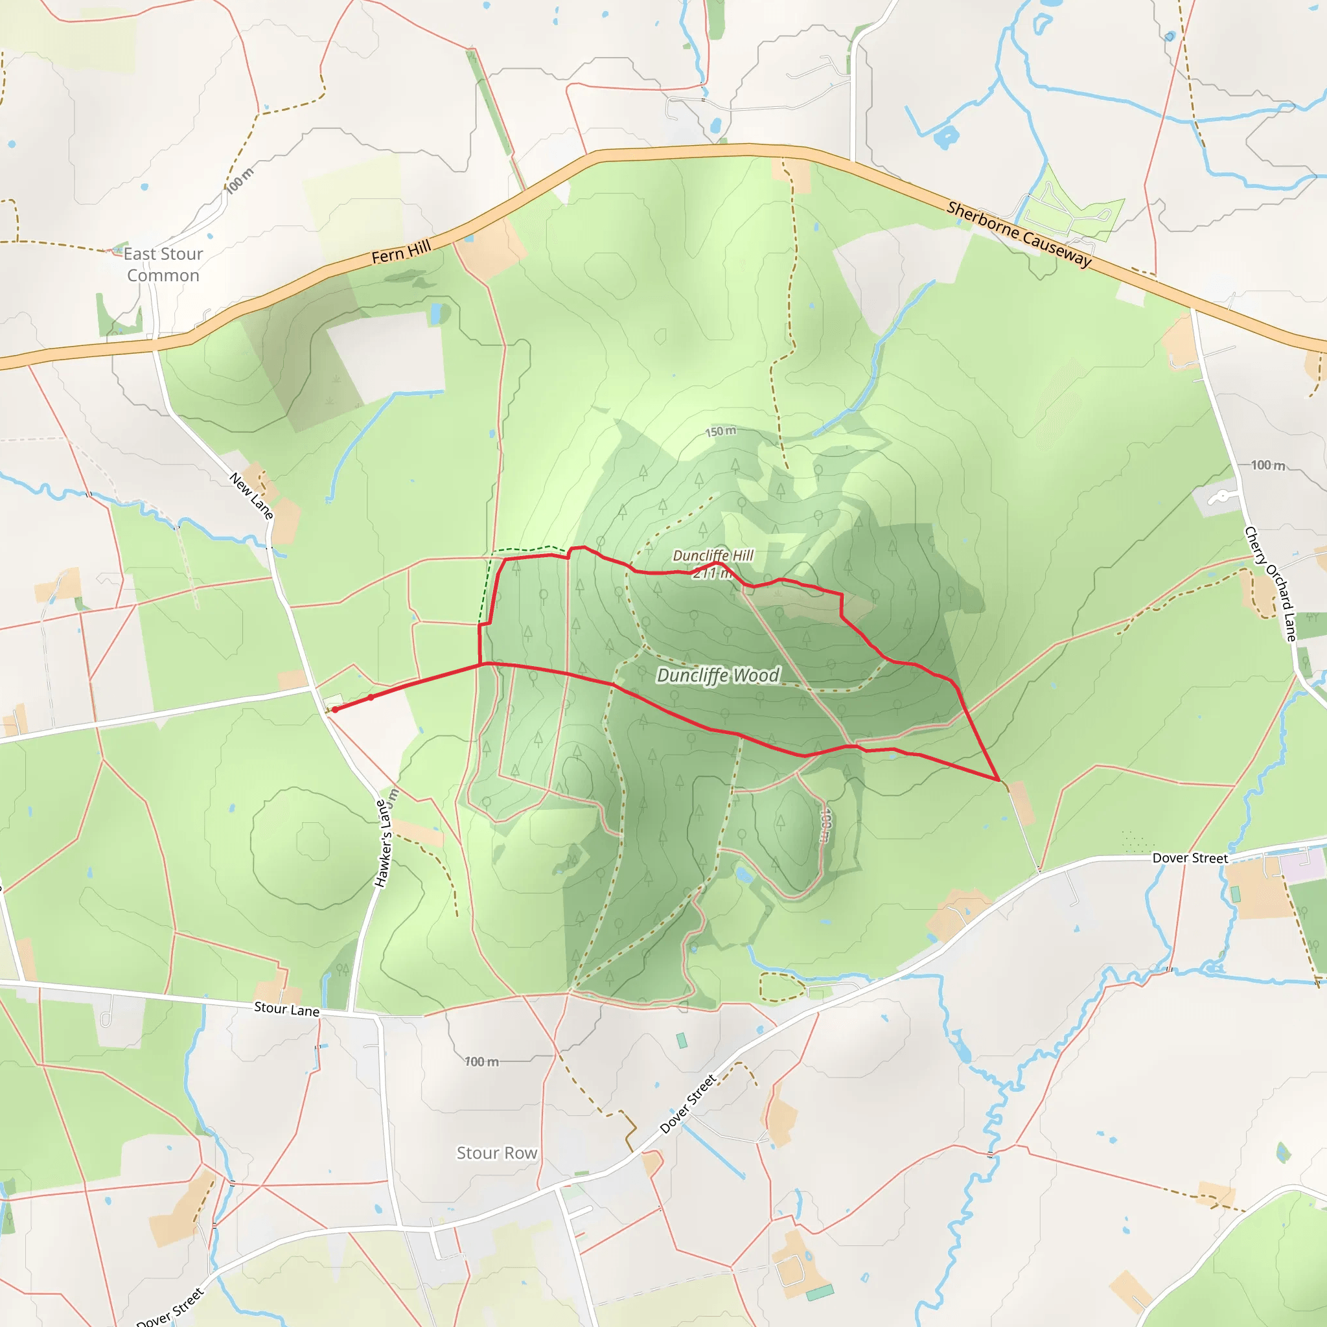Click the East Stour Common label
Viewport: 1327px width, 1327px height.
pyautogui.click(x=163, y=264)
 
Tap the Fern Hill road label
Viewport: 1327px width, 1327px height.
pyautogui.click(x=401, y=252)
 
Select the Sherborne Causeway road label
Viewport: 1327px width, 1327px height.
pyautogui.click(x=1019, y=233)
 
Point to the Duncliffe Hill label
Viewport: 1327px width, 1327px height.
pyautogui.click(x=713, y=555)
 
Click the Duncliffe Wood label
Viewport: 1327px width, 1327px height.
pyautogui.click(x=718, y=676)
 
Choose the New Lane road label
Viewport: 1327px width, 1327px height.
pyautogui.click(x=251, y=495)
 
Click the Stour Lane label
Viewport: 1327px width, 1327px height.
pyautogui.click(x=286, y=1009)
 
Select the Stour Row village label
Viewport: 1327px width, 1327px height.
pyautogui.click(x=496, y=1153)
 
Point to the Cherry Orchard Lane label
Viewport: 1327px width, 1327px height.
pyautogui.click(x=1271, y=584)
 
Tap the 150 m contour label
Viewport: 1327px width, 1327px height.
pyautogui.click(x=721, y=432)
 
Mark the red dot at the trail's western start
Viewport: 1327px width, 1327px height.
pyautogui.click(x=335, y=710)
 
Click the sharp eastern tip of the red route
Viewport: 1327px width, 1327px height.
pyautogui.click(x=997, y=779)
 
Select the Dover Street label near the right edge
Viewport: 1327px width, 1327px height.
pyautogui.click(x=1190, y=858)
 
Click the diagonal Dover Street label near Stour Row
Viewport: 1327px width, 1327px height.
pyautogui.click(x=687, y=1103)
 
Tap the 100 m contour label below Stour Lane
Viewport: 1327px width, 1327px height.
pyautogui.click(x=481, y=1062)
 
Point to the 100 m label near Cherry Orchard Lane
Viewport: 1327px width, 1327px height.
pyautogui.click(x=1267, y=465)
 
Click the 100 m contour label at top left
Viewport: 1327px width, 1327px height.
pyautogui.click(x=240, y=181)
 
